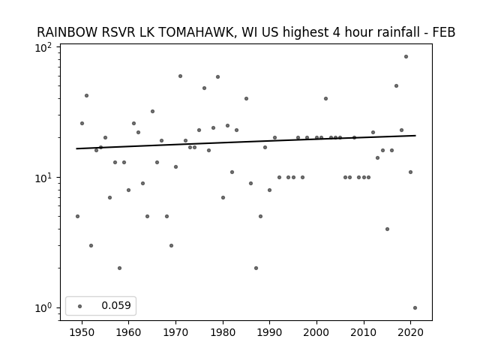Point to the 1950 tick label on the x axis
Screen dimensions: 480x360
coord(82,332)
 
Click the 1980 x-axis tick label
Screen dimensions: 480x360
coord(223,332)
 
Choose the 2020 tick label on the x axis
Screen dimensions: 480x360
coord(410,332)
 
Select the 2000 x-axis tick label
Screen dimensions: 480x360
coord(316,332)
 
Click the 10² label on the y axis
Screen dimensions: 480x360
coord(43,48)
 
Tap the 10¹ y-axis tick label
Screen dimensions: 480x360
coord(43,178)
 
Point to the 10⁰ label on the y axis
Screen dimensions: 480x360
coord(43,308)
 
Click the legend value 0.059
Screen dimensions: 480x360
coord(116,305)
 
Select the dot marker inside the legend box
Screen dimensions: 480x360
coord(80,306)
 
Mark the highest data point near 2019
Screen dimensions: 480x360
coord(406,57)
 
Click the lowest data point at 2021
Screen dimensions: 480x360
coord(415,308)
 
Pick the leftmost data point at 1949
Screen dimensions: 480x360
coord(77,217)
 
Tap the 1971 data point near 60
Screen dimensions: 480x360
coord(180,76)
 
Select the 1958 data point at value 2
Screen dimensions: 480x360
coord(119,268)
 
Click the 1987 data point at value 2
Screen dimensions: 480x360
coord(256,268)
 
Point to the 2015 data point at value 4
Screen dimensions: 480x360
coord(387,229)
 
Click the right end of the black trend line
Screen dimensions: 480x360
coord(415,135)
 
